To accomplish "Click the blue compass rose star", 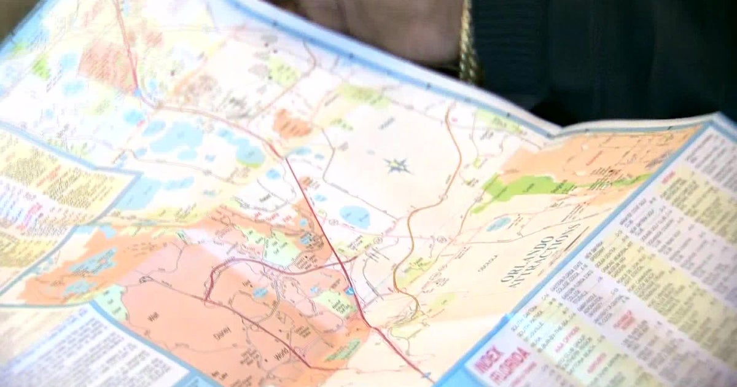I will (x=397, y=165).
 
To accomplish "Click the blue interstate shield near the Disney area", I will (x=349, y=291).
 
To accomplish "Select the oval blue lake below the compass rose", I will (x=355, y=216).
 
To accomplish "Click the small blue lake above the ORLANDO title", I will (x=499, y=224).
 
